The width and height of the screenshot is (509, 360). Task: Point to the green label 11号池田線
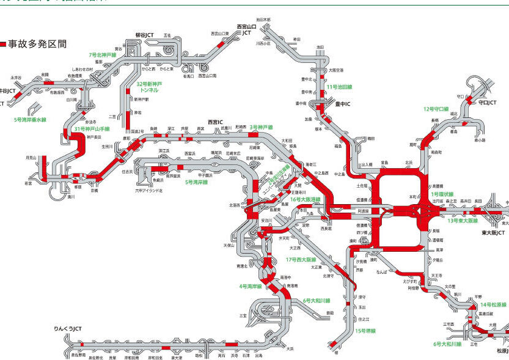click(x=339, y=87)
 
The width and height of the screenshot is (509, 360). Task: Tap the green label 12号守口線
click(x=436, y=109)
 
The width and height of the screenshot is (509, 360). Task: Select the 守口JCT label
click(x=488, y=103)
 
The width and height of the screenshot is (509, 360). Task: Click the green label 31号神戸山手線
click(x=92, y=130)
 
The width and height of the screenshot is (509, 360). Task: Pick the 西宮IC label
click(x=217, y=121)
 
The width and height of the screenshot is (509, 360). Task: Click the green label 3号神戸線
click(x=261, y=127)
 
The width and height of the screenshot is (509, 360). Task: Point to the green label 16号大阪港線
click(x=305, y=199)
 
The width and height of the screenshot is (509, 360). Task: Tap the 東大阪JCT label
click(x=493, y=233)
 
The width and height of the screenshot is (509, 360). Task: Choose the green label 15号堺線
click(x=365, y=331)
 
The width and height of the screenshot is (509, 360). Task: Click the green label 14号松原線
click(x=494, y=304)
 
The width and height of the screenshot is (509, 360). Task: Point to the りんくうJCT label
click(x=67, y=328)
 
